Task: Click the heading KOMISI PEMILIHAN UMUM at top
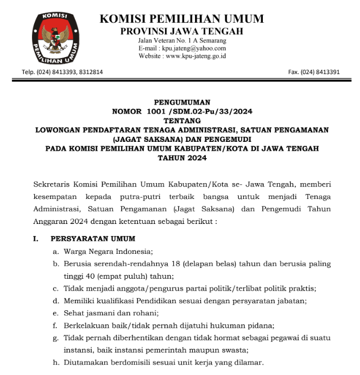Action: [x=181, y=19]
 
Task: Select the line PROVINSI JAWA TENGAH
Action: [x=181, y=32]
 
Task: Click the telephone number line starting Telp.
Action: [x=62, y=72]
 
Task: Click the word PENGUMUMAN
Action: [x=182, y=102]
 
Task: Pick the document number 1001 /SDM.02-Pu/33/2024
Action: [x=199, y=111]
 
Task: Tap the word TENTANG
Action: [x=182, y=121]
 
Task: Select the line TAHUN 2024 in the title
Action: [x=182, y=158]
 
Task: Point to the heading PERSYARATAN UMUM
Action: [x=93, y=239]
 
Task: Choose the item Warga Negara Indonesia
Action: [x=108, y=251]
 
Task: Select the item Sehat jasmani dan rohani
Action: [x=111, y=313]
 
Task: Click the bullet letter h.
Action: [x=55, y=362]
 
